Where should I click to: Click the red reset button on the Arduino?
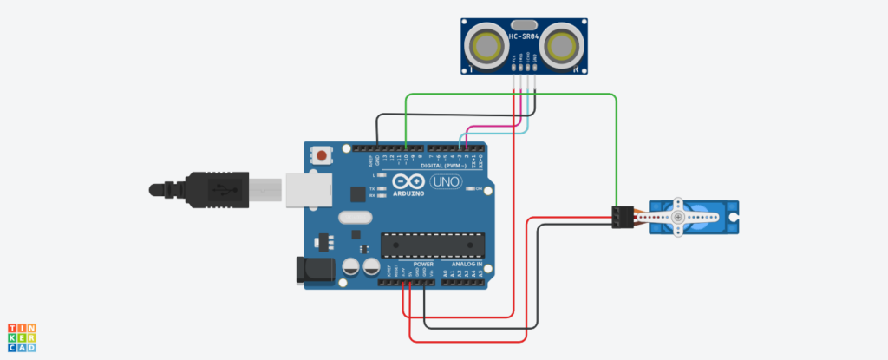coord(323,157)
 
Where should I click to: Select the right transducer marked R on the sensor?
coord(567,43)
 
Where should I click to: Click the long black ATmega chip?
coord(423,245)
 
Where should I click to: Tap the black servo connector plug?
coord(620,217)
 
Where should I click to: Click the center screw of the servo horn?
coord(677,216)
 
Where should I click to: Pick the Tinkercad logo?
coord(22,338)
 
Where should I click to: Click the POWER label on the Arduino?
coord(423,264)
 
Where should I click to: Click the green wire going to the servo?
coord(616,147)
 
